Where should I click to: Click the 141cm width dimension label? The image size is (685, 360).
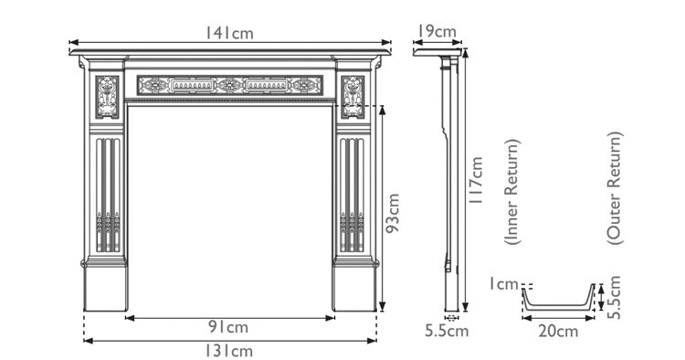point(229,33)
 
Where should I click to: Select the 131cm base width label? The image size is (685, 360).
point(229,350)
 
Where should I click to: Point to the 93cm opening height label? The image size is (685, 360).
point(394,213)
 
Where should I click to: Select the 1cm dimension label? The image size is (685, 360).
point(501,284)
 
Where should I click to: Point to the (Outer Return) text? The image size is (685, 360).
point(614,187)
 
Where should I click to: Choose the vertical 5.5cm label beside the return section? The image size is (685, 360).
point(615,297)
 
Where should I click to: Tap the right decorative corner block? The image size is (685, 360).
point(353,96)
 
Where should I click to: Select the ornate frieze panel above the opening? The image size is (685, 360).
point(230,86)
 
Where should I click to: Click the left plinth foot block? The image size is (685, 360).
point(105,287)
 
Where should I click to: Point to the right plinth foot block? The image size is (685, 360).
point(354,287)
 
